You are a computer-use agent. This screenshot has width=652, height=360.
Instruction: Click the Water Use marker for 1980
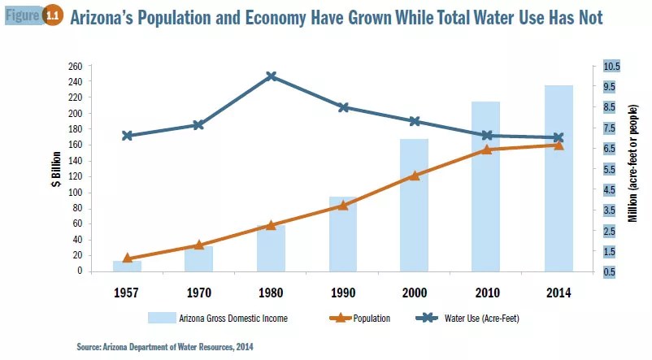click(x=272, y=76)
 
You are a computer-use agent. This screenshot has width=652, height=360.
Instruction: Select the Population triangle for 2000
click(x=415, y=175)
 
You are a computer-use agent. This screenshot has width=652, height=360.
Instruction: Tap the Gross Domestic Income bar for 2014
click(x=559, y=179)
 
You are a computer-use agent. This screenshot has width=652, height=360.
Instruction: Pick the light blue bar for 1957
click(x=127, y=266)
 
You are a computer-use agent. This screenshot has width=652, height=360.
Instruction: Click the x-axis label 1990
click(x=343, y=292)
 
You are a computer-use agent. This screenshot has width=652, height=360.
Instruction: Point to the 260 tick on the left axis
click(x=75, y=66)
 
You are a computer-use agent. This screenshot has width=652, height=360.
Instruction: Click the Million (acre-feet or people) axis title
click(x=635, y=169)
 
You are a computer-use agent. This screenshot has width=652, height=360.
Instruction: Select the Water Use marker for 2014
click(x=559, y=138)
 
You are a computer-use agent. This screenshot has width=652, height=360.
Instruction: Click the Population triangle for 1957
click(x=127, y=258)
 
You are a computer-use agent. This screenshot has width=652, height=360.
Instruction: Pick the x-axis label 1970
click(x=199, y=292)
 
